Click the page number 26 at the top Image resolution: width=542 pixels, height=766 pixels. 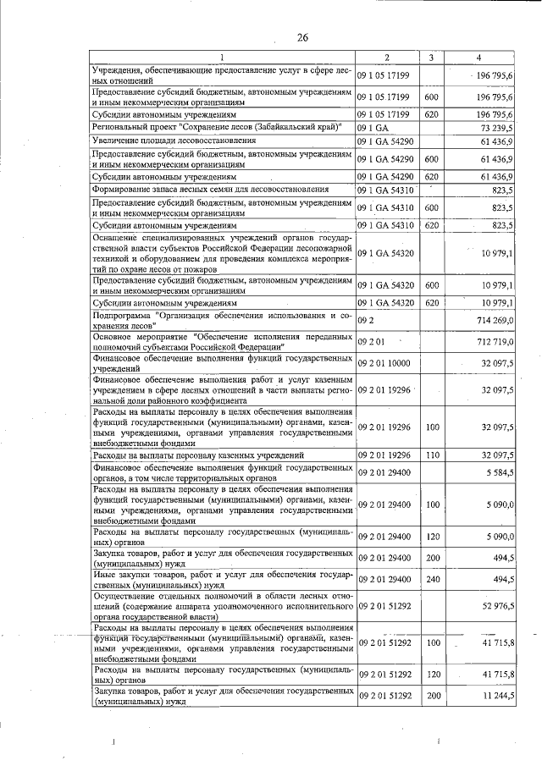(302, 36)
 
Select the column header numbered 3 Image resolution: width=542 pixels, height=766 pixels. (431, 58)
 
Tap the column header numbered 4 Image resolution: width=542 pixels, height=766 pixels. (479, 58)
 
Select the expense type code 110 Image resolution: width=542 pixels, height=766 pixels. (431, 455)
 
